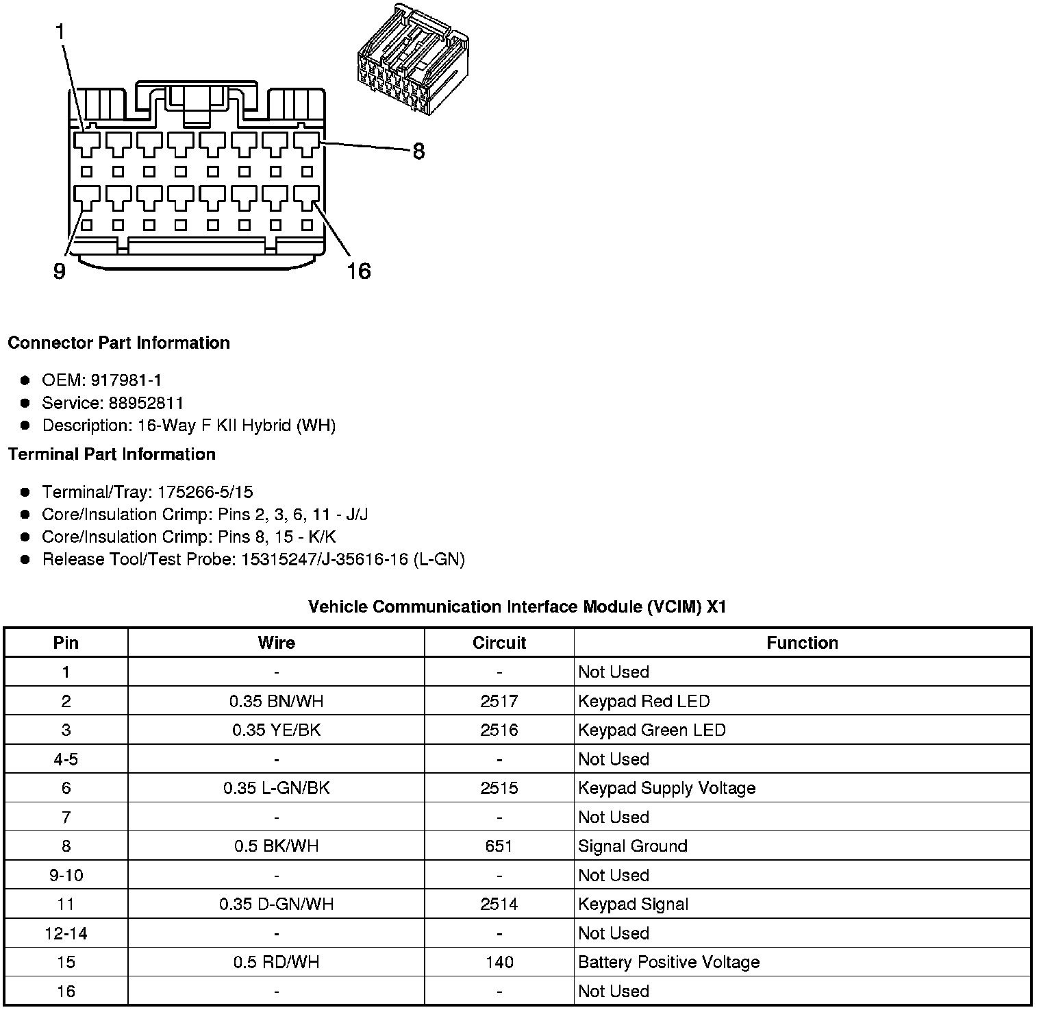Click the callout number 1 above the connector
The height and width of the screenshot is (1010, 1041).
pyautogui.click(x=60, y=32)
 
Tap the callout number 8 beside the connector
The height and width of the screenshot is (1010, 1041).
pyautogui.click(x=418, y=151)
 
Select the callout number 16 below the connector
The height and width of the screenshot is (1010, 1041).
pyautogui.click(x=358, y=271)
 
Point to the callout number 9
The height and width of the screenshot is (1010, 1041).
pyautogui.click(x=60, y=271)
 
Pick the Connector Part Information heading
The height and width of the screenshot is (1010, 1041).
pyautogui.click(x=118, y=343)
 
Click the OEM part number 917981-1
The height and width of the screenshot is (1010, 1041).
pyautogui.click(x=126, y=380)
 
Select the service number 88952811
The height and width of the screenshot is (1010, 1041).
pyautogui.click(x=146, y=403)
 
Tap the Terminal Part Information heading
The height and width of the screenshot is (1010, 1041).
pyautogui.click(x=112, y=454)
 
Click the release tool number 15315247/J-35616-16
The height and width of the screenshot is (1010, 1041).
pyautogui.click(x=324, y=560)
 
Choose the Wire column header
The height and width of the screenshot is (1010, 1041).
pyautogui.click(x=276, y=643)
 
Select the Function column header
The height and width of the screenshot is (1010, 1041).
pyautogui.click(x=802, y=643)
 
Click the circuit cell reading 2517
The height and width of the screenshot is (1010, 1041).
pyautogui.click(x=499, y=701)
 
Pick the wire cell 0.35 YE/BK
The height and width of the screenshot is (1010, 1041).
pyautogui.click(x=276, y=730)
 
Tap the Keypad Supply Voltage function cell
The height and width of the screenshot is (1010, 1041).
pyautogui.click(x=666, y=788)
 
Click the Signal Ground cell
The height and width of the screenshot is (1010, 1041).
pyautogui.click(x=632, y=846)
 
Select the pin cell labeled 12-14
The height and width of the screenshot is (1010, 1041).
pyautogui.click(x=66, y=933)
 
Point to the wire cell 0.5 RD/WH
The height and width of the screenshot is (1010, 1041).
pyautogui.click(x=276, y=962)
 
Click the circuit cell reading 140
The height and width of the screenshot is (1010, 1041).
pyautogui.click(x=499, y=962)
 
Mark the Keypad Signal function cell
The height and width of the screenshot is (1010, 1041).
pyautogui.click(x=633, y=904)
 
